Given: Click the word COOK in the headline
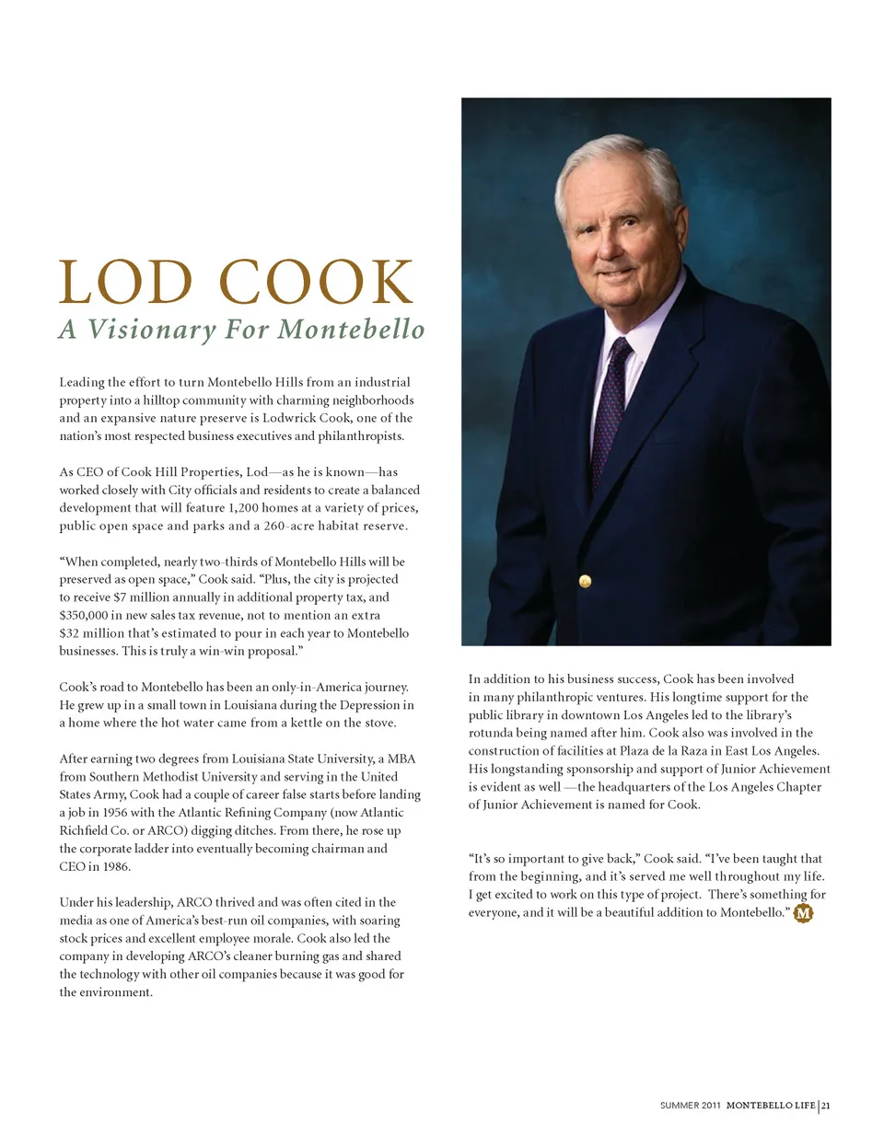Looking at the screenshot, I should [317, 283].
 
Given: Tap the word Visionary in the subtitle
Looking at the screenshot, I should [152, 330].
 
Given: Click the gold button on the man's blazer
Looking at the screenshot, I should [584, 581].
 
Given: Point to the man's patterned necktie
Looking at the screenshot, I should [611, 405].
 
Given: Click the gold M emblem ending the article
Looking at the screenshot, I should [803, 913].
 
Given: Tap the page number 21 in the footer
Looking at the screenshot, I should [826, 1106].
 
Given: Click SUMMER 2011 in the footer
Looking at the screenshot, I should [690, 1106].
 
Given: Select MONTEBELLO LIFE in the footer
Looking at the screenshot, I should [770, 1106].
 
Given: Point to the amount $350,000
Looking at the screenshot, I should [86, 616].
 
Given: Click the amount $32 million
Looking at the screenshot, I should [95, 633].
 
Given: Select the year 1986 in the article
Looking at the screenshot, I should [116, 867].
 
